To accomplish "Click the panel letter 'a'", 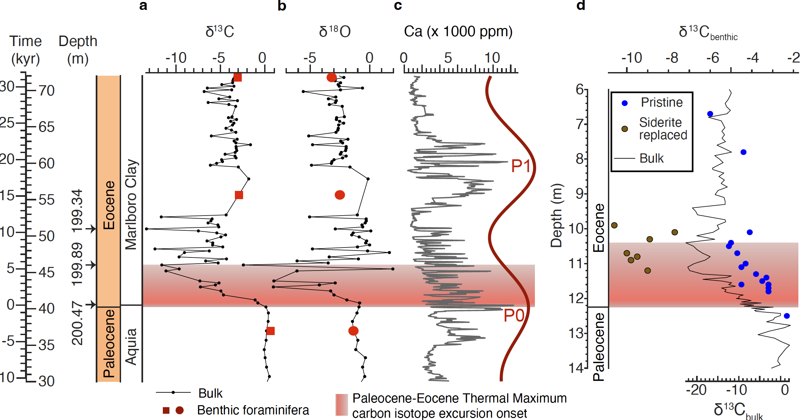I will (x=143, y=6).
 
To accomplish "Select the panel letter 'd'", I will (x=581, y=6).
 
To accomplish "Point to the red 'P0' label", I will (x=514, y=316).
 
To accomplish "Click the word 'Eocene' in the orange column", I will (x=109, y=205).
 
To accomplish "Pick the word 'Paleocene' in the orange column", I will (x=109, y=343).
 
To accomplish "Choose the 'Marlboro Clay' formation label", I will (x=131, y=204).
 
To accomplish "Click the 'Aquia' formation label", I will (x=131, y=347).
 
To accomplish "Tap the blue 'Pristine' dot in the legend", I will (x=625, y=103).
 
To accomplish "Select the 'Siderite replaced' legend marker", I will (x=625, y=129).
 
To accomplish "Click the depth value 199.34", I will (x=77, y=211).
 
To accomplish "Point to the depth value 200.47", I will (x=77, y=323).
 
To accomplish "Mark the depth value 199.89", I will (x=77, y=264).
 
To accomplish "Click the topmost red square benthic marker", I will (x=238, y=78).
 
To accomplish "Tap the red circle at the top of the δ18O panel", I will (x=332, y=78).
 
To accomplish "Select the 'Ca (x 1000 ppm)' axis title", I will (x=458, y=32).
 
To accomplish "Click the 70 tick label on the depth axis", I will (x=46, y=91).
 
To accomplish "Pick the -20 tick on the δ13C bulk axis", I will (x=696, y=390).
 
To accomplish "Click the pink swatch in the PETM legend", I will (x=342, y=405).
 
